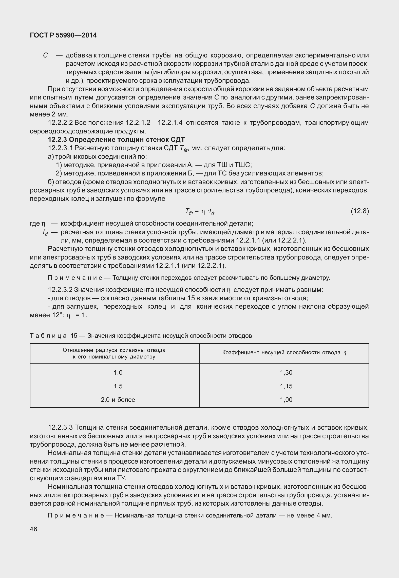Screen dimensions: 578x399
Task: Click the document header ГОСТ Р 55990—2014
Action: [x=63, y=35]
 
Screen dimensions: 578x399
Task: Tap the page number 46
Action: [x=33, y=529]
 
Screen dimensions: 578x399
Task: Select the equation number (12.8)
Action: [x=359, y=211]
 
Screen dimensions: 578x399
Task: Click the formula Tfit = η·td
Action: [x=200, y=211]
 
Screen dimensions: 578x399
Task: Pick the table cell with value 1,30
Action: [x=286, y=372]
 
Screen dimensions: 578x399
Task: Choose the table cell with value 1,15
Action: [x=286, y=386]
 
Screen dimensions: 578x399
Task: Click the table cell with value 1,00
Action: [x=286, y=400]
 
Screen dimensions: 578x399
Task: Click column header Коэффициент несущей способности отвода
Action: [x=284, y=353]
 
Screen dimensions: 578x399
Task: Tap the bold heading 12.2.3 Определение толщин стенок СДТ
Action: [x=116, y=139]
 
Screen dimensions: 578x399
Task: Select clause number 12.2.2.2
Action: [x=60, y=123]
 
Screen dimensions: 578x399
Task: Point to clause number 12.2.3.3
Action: [x=60, y=428]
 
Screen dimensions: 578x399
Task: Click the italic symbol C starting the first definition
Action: [x=45, y=55]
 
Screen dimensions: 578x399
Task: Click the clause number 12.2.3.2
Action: [x=60, y=290]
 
